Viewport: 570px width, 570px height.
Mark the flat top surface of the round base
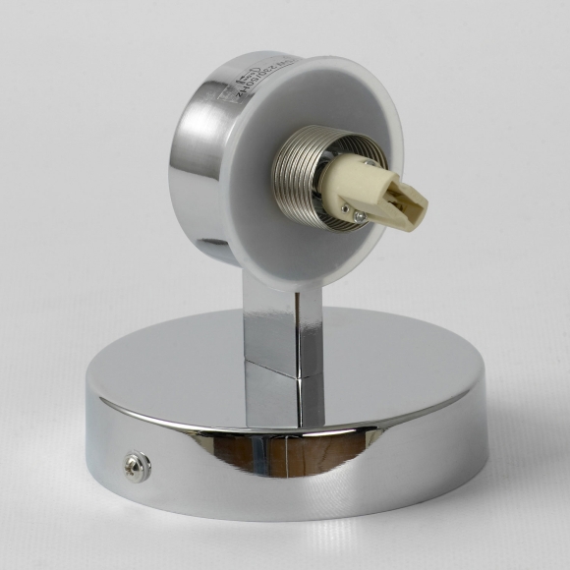coord(393,364)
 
